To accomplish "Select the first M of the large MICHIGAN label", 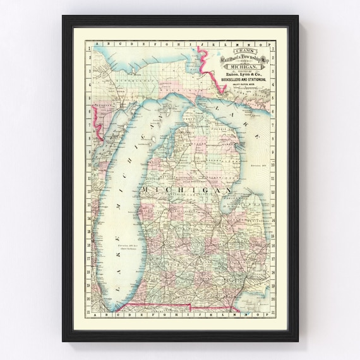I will pyautogui.click(x=147, y=190).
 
